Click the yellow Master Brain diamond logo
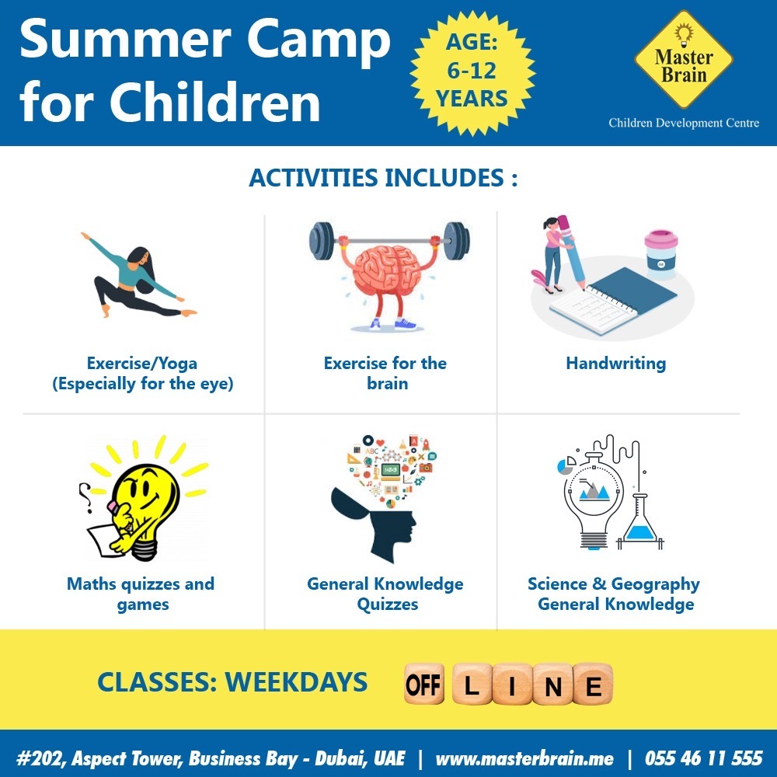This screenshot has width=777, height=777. (683, 60)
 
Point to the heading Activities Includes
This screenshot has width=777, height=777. (383, 177)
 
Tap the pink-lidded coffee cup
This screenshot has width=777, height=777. (661, 254)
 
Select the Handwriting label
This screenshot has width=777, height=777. (616, 363)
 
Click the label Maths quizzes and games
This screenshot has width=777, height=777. (141, 594)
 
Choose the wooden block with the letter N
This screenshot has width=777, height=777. (553, 685)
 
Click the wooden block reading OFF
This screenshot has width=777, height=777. (423, 685)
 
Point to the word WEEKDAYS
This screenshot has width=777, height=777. (296, 682)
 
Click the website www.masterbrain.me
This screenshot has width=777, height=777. (524, 758)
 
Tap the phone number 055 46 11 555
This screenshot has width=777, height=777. (704, 758)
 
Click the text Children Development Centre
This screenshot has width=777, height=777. (684, 123)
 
